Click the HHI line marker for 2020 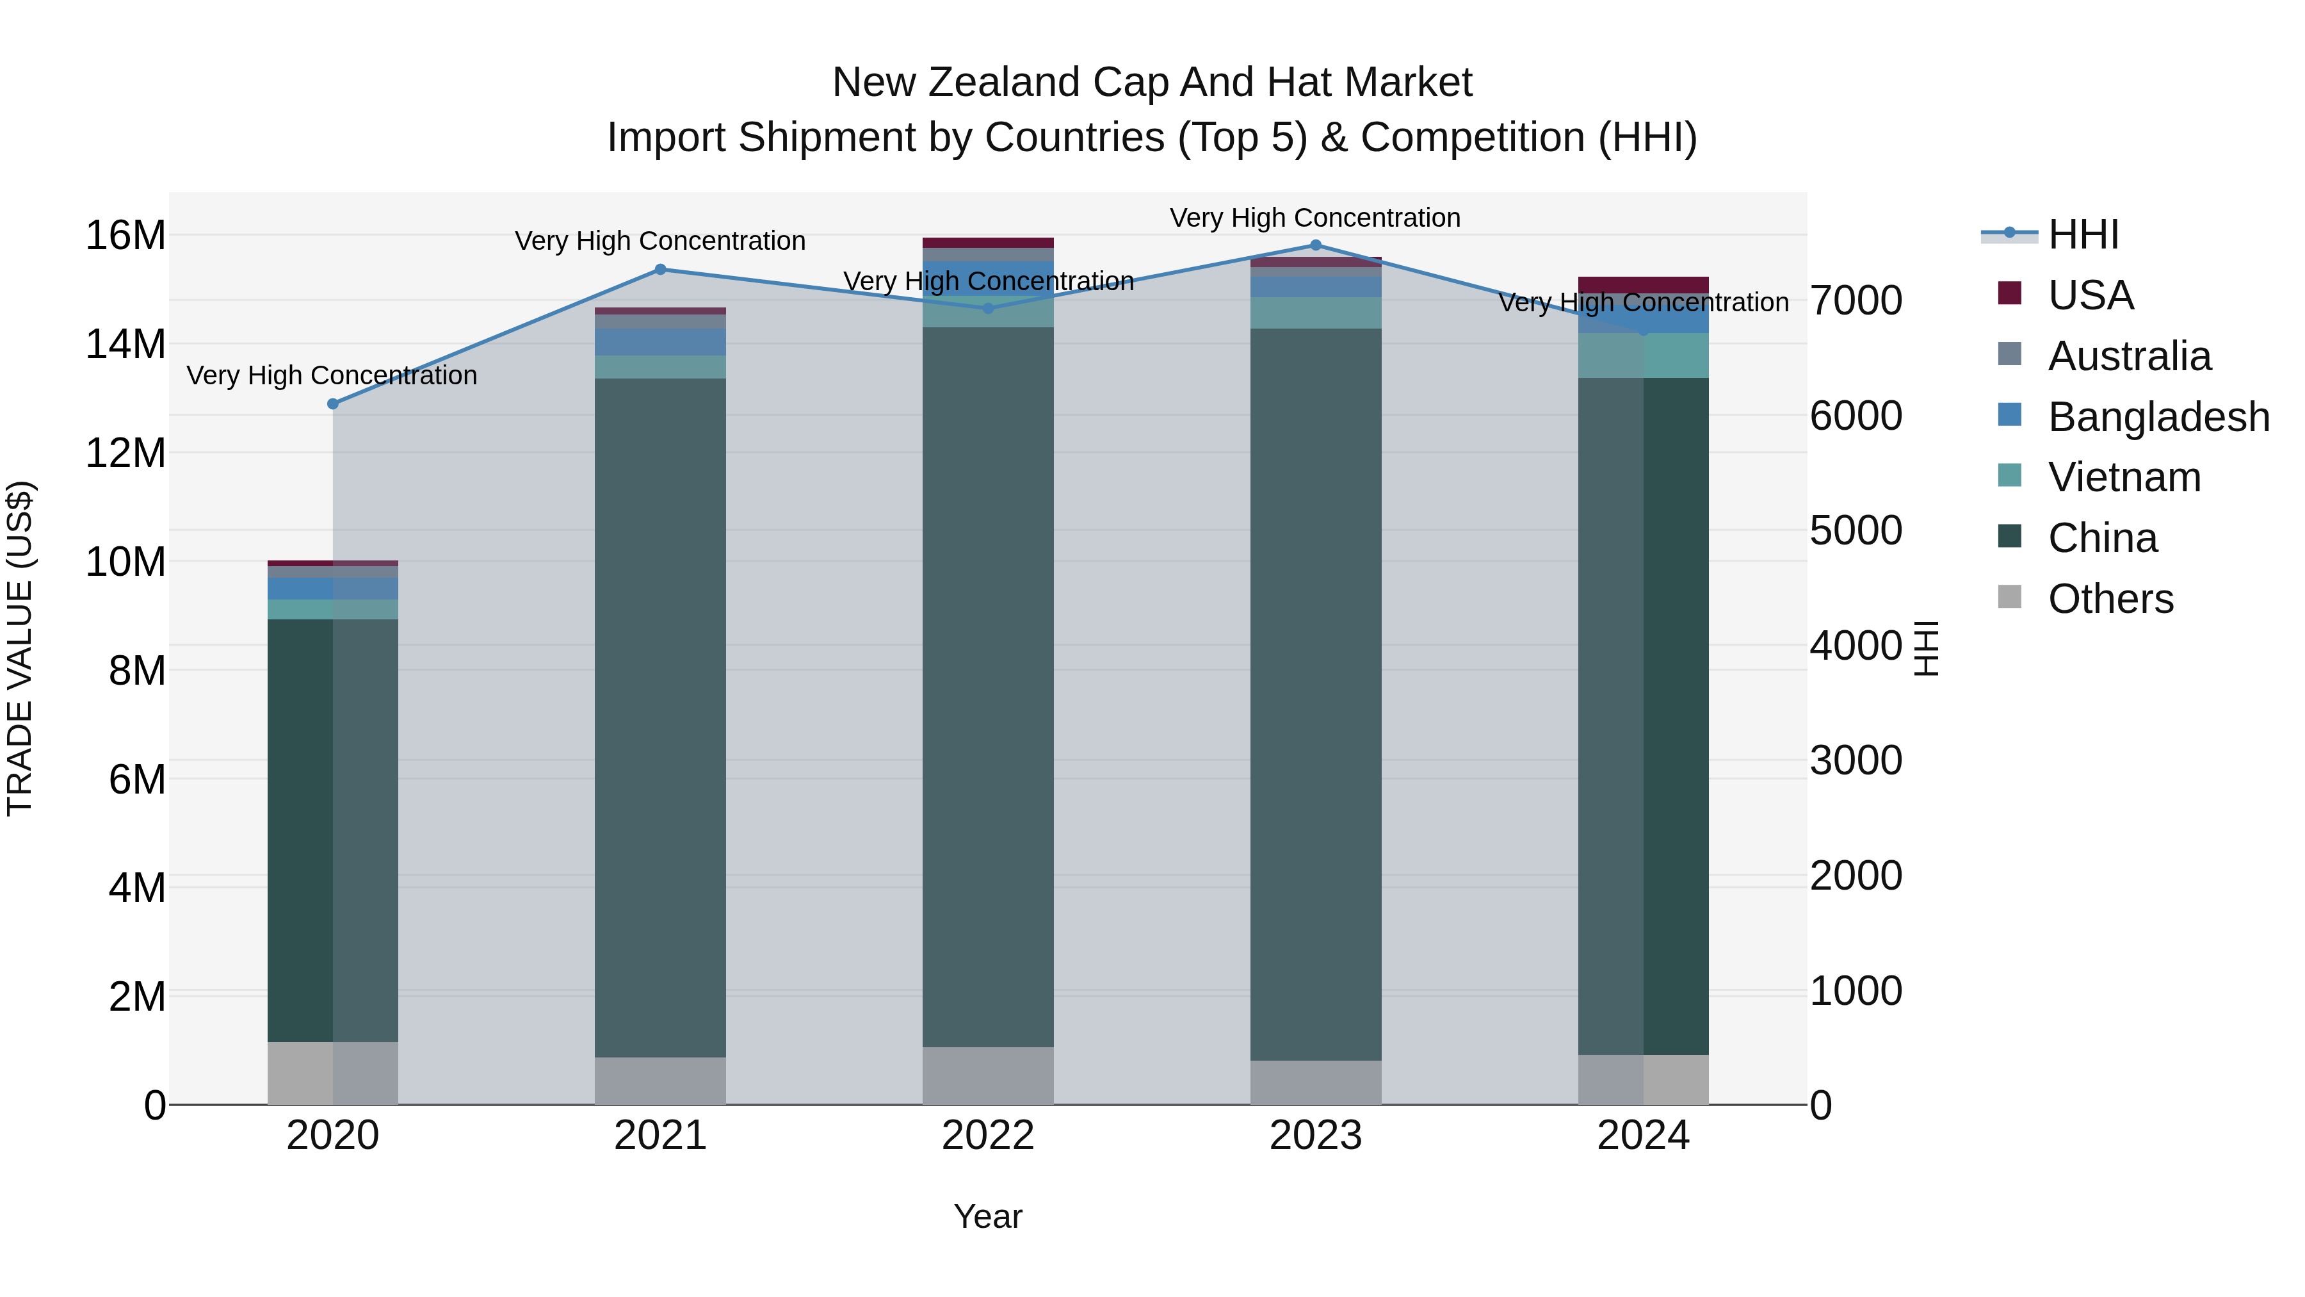point(333,404)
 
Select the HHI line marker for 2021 point(660,270)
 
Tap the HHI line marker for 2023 point(1315,245)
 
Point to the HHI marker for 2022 point(988,309)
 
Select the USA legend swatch point(2010,293)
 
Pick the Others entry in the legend point(2110,599)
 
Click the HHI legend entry point(2083,234)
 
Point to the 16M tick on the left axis point(125,236)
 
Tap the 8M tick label point(137,671)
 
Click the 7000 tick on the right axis point(1856,301)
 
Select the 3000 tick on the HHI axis point(1856,761)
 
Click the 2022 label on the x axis point(988,1136)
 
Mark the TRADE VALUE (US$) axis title point(20,648)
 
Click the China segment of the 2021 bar point(660,716)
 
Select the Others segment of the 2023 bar point(1315,1082)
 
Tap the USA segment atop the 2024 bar point(1643,284)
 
